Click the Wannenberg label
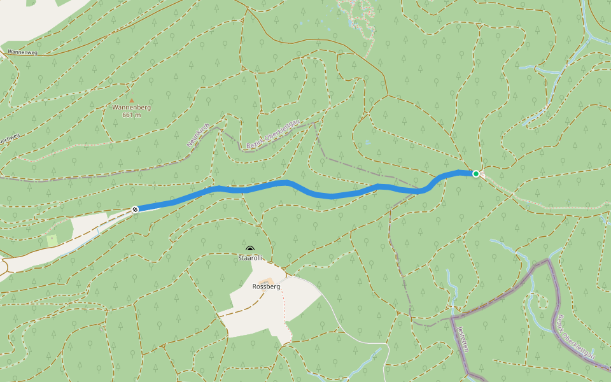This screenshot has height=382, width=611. pos(131,108)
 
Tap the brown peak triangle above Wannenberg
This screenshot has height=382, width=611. pos(132,100)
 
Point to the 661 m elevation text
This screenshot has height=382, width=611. pos(131,115)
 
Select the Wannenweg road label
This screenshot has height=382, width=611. pos(23,52)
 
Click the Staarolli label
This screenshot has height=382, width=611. pos(250,258)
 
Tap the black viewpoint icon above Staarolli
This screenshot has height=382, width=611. pos(250,250)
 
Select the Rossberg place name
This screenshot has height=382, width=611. pos(266,286)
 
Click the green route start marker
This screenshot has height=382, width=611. pos(475,173)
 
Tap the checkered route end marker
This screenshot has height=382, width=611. pos(135,209)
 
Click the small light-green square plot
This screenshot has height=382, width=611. pos(52,241)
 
